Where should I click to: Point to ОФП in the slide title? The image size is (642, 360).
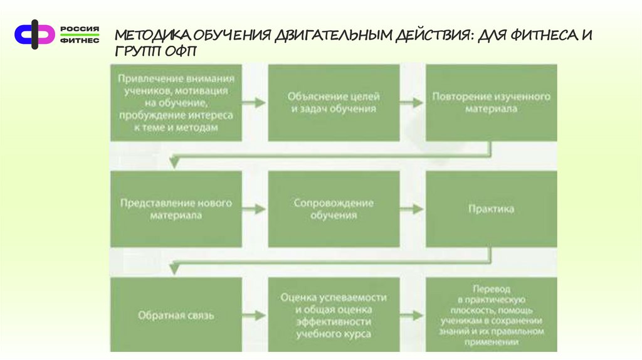tap(181, 52)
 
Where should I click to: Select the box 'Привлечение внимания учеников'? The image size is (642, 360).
tap(176, 103)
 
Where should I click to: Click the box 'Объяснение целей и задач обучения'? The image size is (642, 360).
tap(334, 103)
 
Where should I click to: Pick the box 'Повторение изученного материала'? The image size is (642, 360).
tap(491, 103)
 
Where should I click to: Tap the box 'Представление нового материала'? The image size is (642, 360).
tap(176, 209)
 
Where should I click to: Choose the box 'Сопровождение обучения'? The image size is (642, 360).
tap(334, 209)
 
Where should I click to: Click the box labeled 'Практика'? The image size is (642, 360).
tap(491, 209)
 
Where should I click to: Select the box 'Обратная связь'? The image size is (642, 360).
tap(176, 315)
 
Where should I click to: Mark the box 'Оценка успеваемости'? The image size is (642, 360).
tap(334, 315)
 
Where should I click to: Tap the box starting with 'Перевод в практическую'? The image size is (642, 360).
tap(491, 315)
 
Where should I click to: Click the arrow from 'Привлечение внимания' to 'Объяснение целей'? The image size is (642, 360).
tap(255, 101)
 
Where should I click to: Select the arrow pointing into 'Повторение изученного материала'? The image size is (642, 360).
tap(413, 101)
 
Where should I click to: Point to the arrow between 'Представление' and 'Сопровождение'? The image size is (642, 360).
tap(255, 207)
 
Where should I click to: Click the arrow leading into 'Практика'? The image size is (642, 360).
tap(413, 207)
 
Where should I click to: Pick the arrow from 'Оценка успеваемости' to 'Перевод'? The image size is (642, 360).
tap(413, 314)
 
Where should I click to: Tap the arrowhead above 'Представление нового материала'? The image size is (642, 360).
tap(175, 161)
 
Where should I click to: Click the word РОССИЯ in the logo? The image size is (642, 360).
tap(80, 29)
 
